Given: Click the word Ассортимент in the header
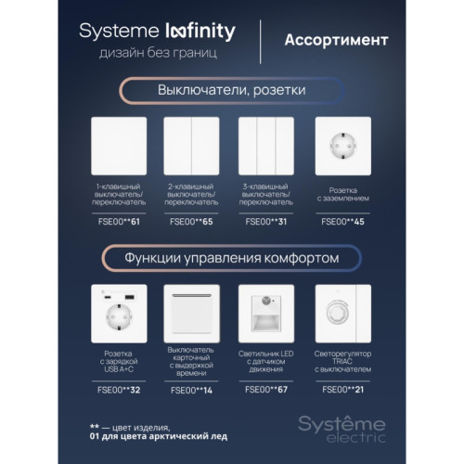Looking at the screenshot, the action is coord(336,40).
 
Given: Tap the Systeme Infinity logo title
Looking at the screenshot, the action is coord(157,32).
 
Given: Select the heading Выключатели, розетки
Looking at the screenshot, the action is coord(232,90).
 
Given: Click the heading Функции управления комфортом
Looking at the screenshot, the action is coord(232,258).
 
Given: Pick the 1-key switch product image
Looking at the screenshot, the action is coord(119,146).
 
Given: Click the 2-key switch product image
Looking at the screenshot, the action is coord(191,146).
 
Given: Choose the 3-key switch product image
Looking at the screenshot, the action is coord(266,146).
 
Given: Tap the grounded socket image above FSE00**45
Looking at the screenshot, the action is coord(343,146).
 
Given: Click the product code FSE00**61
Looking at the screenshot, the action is coord(119,222).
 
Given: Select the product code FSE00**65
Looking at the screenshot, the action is coord(191,222).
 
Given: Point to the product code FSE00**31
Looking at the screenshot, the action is coord(266,222).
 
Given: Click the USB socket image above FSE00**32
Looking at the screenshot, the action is coord(119,314).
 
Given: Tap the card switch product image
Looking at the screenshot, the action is coord(191,314).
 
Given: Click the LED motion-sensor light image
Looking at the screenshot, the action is coord(266,314).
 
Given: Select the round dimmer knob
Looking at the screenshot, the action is coord(337,313).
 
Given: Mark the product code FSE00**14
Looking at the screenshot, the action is coord(191,391).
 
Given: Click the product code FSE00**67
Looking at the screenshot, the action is coord(266,390).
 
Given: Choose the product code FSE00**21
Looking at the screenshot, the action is coord(343,390).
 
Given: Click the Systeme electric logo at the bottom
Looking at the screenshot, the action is coord(342,429).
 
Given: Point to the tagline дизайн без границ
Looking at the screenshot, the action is coord(158,53).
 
